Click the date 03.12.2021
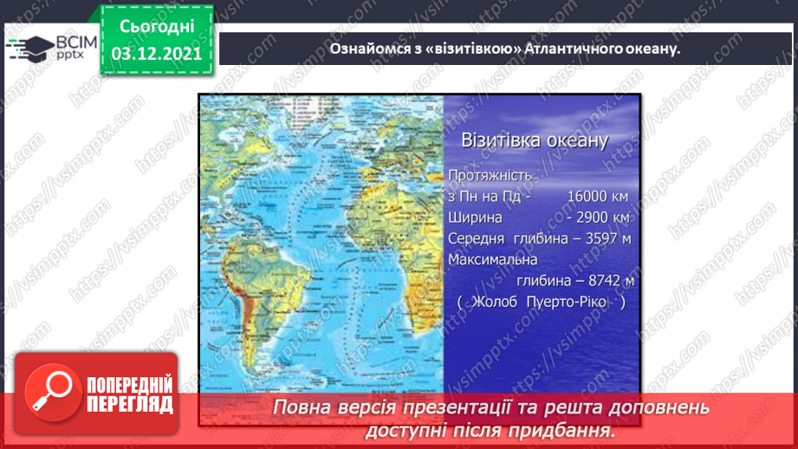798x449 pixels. click(x=156, y=54)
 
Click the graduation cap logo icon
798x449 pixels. click(x=29, y=47)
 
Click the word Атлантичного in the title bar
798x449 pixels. click(x=569, y=49)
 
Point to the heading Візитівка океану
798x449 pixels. click(x=534, y=140)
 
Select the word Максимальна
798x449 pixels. click(x=493, y=259)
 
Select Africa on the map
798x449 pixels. click(x=407, y=260)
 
